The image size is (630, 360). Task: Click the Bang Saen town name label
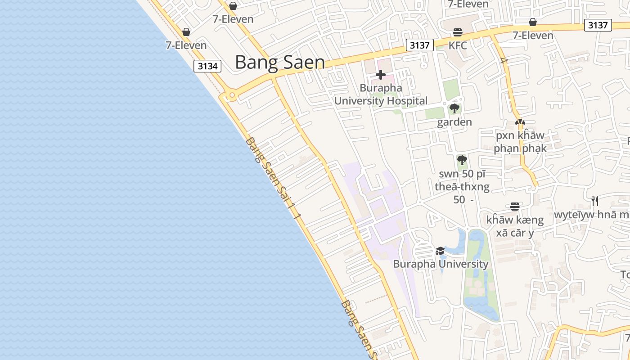tap(279, 63)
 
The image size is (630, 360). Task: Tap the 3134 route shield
tap(207, 66)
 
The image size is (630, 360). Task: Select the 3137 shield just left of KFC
tap(419, 45)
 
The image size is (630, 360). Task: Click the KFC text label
tap(458, 45)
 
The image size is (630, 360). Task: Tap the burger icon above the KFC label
tap(458, 32)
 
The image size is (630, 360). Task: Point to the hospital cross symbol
tap(381, 75)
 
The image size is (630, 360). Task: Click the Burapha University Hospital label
tap(381, 94)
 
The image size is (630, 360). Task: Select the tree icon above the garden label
tap(454, 108)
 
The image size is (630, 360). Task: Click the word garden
tap(454, 122)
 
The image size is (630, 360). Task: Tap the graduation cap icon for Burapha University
tap(440, 251)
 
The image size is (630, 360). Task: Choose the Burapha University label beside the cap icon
tap(441, 264)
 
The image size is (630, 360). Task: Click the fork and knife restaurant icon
tap(595, 201)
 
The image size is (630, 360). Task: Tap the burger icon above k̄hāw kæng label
tap(515, 207)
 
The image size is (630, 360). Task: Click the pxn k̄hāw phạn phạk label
tap(520, 142)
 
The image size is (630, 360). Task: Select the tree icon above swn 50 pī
tap(462, 160)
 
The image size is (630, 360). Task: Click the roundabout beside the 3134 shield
tap(232, 95)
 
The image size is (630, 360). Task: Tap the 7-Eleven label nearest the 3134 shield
tap(186, 45)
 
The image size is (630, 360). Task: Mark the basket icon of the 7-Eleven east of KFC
tap(533, 22)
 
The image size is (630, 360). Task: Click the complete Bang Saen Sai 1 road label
tap(274, 178)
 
